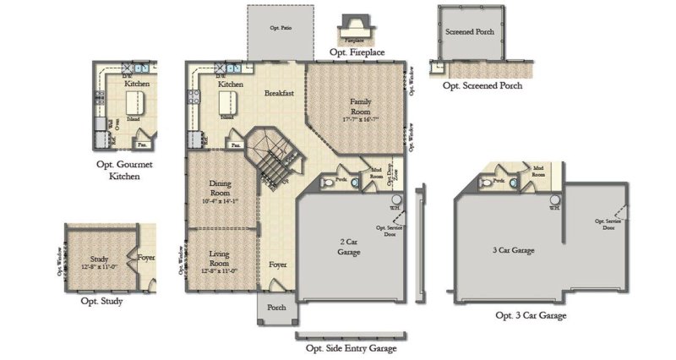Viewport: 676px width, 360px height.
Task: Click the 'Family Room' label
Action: (x=361, y=106)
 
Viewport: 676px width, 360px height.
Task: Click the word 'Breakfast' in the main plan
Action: (x=278, y=93)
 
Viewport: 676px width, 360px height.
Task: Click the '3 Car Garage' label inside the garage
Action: (x=514, y=251)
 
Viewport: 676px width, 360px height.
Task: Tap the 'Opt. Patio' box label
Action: (x=280, y=29)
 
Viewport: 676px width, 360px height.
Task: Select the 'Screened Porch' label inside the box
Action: (x=470, y=32)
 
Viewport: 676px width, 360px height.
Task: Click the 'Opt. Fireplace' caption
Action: (x=355, y=52)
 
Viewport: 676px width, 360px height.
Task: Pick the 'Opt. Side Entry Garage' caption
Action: (x=350, y=347)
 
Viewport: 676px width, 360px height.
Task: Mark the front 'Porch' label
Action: (x=276, y=308)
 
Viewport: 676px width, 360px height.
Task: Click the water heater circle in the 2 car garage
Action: (x=394, y=199)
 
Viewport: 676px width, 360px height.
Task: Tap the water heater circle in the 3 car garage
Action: (x=553, y=200)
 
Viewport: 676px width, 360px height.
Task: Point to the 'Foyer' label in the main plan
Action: (x=278, y=265)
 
